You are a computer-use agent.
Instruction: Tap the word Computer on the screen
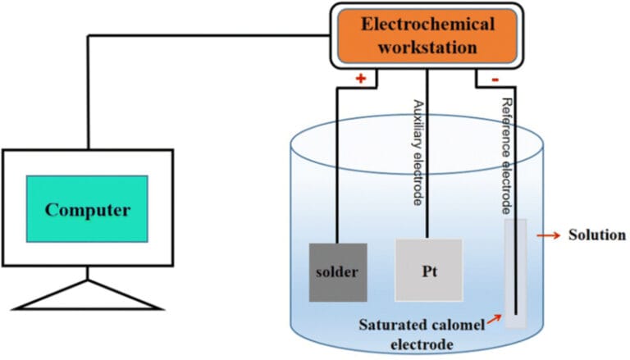[x=87, y=210]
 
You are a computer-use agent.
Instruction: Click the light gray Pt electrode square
[x=428, y=271]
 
